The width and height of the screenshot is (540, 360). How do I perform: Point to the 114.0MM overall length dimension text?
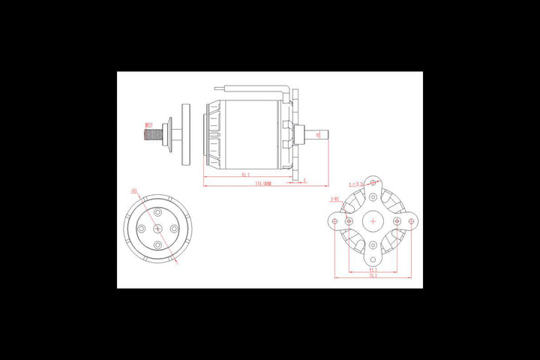pyautogui.click(x=262, y=182)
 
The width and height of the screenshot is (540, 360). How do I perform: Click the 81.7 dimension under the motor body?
pyautogui.click(x=245, y=175)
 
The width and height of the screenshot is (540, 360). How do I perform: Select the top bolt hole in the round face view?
pyautogui.click(x=157, y=213)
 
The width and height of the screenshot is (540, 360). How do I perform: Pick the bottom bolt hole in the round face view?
pyautogui.click(x=157, y=245)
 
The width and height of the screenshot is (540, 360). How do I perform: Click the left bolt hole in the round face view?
pyautogui.click(x=142, y=229)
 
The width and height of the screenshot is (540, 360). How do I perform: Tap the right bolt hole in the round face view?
pyautogui.click(x=173, y=229)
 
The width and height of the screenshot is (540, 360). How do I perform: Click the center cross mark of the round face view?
pyautogui.click(x=157, y=229)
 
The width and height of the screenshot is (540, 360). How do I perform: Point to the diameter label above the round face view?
pyautogui.click(x=134, y=190)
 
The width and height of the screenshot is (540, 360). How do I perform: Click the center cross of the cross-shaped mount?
pyautogui.click(x=373, y=222)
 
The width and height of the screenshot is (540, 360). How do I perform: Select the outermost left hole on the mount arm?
pyautogui.click(x=335, y=222)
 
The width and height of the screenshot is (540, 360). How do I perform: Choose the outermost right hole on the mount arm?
pyautogui.click(x=411, y=222)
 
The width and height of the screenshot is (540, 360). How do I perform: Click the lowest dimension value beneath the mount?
pyautogui.click(x=373, y=276)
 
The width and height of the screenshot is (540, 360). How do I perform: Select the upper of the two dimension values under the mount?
pyautogui.click(x=373, y=269)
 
